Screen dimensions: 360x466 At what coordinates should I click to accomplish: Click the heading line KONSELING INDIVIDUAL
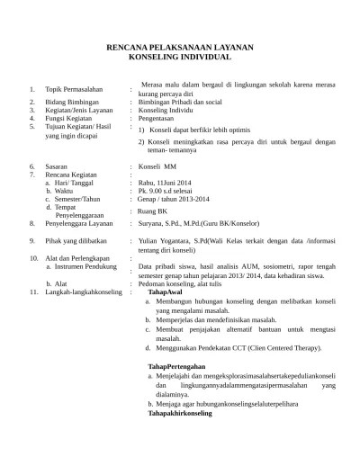(x=180, y=56)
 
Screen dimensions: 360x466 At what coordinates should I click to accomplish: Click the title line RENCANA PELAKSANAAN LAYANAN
(x=180, y=45)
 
